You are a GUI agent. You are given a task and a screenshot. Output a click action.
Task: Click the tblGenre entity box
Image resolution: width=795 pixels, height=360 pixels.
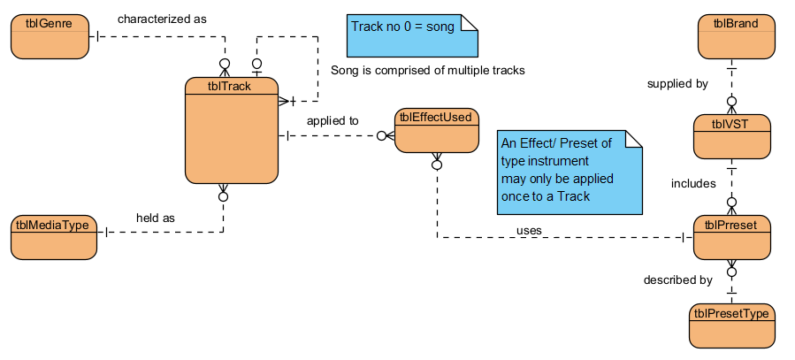[50, 37]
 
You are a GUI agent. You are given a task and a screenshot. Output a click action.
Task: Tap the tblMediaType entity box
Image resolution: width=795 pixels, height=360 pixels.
[53, 236]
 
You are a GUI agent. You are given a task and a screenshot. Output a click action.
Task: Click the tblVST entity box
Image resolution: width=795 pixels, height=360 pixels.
[731, 136]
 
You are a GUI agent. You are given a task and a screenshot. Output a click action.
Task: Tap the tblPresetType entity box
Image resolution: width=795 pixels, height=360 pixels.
[731, 325]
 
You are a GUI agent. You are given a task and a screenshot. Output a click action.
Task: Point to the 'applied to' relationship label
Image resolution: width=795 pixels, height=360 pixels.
[333, 120]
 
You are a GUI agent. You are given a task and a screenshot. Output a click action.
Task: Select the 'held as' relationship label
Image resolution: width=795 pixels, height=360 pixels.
[157, 218]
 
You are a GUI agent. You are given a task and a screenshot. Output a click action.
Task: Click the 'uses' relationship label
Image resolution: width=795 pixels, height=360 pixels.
[530, 230]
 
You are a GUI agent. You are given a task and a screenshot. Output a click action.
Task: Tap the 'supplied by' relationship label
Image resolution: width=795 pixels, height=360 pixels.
[677, 84]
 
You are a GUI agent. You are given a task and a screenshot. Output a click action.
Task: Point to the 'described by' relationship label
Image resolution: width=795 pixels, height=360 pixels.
[678, 280]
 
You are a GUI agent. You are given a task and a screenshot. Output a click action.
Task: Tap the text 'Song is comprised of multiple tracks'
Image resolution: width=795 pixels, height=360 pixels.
[428, 70]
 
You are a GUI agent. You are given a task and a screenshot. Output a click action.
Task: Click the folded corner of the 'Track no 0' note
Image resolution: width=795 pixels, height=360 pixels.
[470, 21]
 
